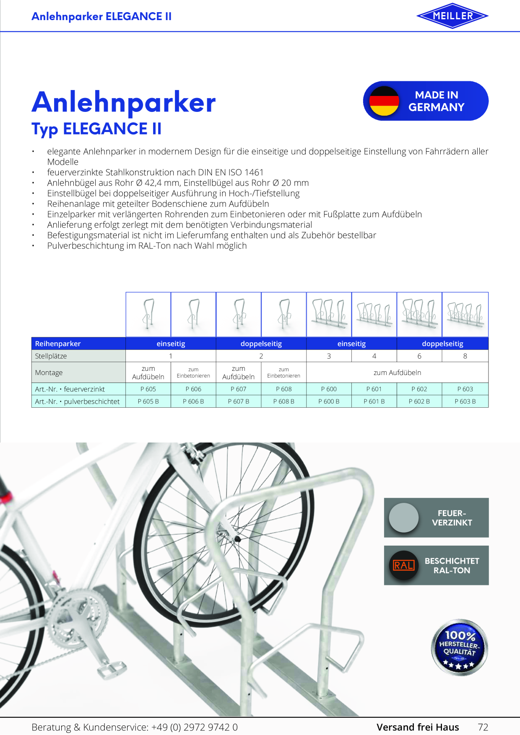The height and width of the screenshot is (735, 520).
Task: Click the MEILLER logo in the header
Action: (x=452, y=16)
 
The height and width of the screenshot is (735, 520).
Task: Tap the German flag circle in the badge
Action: (x=384, y=101)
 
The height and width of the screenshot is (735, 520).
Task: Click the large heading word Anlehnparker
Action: (x=124, y=102)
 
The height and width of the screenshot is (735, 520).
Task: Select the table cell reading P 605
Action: (x=148, y=389)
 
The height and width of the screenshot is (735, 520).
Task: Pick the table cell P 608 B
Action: (x=283, y=401)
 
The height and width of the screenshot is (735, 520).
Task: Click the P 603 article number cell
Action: (x=465, y=389)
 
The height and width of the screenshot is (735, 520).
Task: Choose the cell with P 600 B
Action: (x=329, y=401)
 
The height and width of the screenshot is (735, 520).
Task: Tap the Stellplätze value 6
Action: (x=419, y=356)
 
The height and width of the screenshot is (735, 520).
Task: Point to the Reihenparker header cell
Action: (x=78, y=344)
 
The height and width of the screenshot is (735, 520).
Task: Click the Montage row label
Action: (x=49, y=373)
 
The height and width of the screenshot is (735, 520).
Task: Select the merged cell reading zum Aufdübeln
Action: (x=397, y=373)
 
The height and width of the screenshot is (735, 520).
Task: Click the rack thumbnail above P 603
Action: (x=465, y=314)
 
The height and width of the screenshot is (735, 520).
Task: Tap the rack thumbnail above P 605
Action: (x=148, y=314)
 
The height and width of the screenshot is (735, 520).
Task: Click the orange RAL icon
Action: (x=403, y=565)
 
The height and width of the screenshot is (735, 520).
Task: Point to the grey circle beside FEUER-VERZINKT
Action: (x=404, y=518)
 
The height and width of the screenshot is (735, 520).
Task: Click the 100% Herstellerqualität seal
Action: (x=460, y=647)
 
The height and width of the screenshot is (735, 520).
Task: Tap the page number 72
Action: (x=483, y=727)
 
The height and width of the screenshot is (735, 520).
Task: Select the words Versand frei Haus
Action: (x=418, y=727)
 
